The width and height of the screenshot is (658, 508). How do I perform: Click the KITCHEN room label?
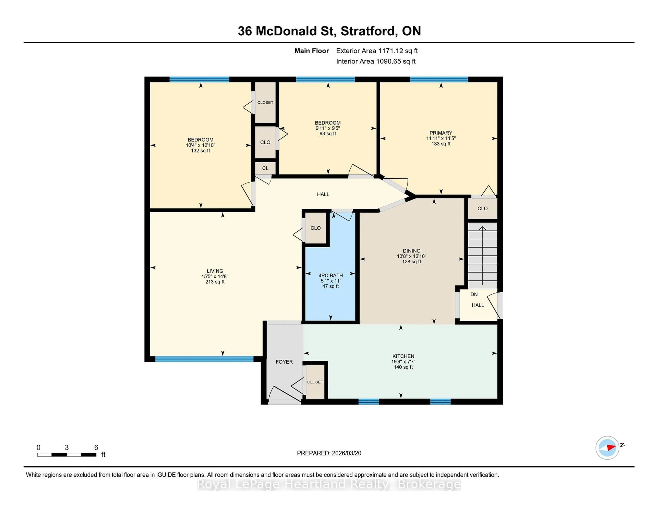(403, 356)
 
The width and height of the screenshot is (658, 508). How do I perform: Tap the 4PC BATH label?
(331, 275)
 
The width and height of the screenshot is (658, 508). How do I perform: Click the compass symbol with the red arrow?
(607, 448)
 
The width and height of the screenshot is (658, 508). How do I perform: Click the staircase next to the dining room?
(482, 256)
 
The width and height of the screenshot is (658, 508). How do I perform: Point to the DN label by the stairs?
(474, 294)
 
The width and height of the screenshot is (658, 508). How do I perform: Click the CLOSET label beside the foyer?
(315, 382)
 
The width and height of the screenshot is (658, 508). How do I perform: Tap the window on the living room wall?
(204, 359)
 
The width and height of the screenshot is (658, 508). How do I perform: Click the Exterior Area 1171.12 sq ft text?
(377, 51)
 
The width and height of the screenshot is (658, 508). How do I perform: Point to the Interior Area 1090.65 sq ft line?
(376, 61)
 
